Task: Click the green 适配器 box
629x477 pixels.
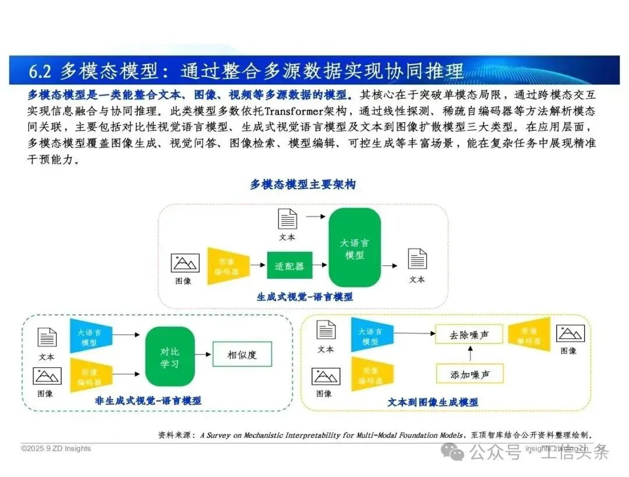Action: click(x=289, y=265)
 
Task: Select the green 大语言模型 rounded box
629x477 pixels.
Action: click(x=354, y=248)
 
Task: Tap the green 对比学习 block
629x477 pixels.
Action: click(x=169, y=357)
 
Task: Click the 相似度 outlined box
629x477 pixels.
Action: click(x=242, y=354)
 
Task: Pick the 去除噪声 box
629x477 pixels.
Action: click(x=469, y=335)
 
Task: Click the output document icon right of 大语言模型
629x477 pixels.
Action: click(x=417, y=259)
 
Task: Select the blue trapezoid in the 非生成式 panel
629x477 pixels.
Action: click(x=90, y=336)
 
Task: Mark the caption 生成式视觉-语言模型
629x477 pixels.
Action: click(x=305, y=297)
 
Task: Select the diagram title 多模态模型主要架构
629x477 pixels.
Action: click(x=303, y=185)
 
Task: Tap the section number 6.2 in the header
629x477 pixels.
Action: click(x=41, y=71)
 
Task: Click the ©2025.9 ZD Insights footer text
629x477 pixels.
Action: click(x=56, y=448)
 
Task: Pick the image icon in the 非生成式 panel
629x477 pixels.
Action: click(x=47, y=376)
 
